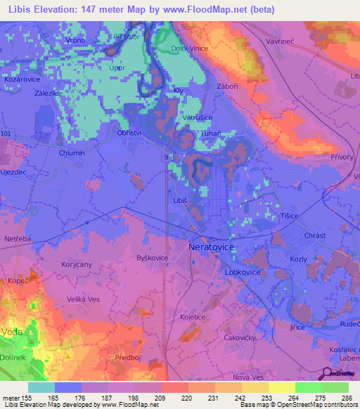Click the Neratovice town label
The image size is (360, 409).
tap(212, 248)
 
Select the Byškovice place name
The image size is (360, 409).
tap(152, 258)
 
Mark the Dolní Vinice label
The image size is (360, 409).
tap(186, 48)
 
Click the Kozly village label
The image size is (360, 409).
tap(299, 259)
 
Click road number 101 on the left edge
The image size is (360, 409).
tap(6, 132)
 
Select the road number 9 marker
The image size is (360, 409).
tap(166, 158)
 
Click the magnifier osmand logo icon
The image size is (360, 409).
tap(328, 373)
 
